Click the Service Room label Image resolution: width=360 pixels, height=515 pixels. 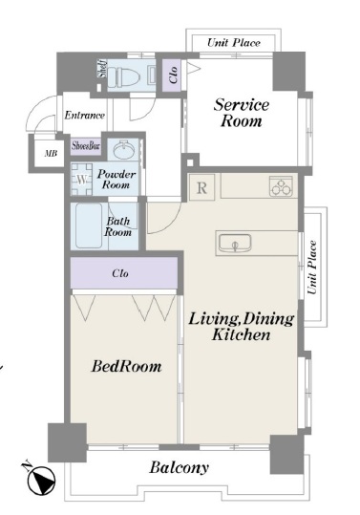click(242, 113)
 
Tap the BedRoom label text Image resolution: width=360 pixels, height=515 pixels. click(126, 366)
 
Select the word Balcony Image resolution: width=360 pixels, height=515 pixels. click(180, 468)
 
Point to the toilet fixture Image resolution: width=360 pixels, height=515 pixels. click(124, 75)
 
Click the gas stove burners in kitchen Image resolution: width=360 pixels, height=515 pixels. click(282, 186)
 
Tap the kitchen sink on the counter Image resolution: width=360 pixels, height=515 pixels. click(235, 243)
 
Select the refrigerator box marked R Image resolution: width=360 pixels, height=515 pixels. click(201, 187)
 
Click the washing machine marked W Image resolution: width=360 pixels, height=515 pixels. click(82, 180)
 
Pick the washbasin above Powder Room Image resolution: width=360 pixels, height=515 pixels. click(124, 150)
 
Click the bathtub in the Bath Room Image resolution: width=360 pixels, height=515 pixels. click(89, 225)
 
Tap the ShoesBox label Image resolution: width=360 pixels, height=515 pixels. click(86, 146)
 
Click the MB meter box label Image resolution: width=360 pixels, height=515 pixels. click(51, 154)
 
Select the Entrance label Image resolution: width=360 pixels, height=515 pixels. click(85, 115)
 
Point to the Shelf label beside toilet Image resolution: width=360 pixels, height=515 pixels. click(103, 69)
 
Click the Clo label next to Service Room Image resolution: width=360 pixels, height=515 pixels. click(173, 75)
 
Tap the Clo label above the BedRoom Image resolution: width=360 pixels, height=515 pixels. click(120, 273)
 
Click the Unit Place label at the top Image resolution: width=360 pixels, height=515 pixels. click(234, 43)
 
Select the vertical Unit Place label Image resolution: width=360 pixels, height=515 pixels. click(312, 268)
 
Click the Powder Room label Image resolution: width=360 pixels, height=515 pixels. click(116, 180)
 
